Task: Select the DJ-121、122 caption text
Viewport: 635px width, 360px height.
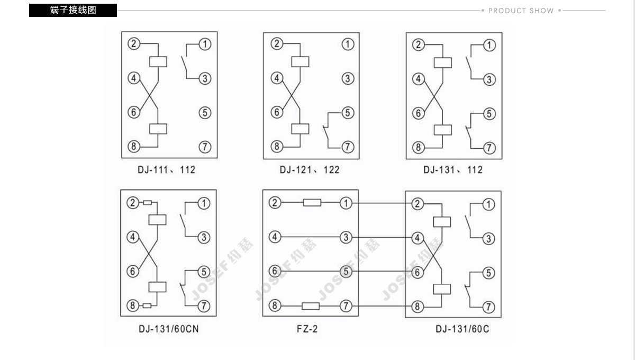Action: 310,170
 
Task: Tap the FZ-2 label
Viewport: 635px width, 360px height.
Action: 307,329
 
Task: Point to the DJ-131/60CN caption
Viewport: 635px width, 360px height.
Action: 169,329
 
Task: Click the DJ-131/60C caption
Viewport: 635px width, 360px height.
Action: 462,329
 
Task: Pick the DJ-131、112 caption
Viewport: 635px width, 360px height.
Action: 452,170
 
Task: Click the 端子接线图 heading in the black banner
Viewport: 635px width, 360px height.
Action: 73,10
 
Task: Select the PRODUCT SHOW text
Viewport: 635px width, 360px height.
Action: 521,11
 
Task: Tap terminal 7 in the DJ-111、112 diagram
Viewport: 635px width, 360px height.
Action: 205,147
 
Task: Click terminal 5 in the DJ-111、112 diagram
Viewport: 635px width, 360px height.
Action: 205,112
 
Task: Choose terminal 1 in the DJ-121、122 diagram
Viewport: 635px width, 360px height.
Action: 347,44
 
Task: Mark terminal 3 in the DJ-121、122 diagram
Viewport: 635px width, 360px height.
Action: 347,78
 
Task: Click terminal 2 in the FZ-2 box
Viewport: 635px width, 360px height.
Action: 274,203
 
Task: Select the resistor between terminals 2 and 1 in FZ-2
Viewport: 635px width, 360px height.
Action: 312,203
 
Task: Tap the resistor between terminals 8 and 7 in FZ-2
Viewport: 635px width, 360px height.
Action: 311,306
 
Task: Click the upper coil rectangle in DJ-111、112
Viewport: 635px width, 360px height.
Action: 158,61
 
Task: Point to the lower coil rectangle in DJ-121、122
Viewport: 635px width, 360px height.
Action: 301,129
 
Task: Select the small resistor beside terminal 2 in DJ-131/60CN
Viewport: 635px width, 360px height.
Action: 147,203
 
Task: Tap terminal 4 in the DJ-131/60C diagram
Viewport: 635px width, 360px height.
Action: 417,238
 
